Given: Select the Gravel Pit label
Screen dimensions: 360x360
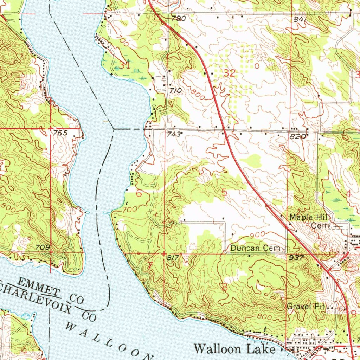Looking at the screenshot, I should point(305,306).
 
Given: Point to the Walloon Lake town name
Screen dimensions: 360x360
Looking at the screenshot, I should point(235,349).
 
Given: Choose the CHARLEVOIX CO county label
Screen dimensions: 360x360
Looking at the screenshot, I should point(49,301).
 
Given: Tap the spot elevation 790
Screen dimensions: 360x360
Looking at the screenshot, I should point(179,19).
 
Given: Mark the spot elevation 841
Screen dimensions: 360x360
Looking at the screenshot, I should point(301,20).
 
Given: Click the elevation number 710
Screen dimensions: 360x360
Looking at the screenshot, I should point(175,91).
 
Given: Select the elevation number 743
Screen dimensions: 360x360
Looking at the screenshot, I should point(176,134).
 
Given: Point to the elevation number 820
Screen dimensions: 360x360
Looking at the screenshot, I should point(296,137).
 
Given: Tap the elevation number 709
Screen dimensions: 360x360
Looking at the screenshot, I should point(42,247).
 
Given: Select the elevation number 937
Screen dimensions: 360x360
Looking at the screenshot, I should point(296,258).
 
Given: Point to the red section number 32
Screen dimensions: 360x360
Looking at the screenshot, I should point(230,73).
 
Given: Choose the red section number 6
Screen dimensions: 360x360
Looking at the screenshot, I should point(139,193).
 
